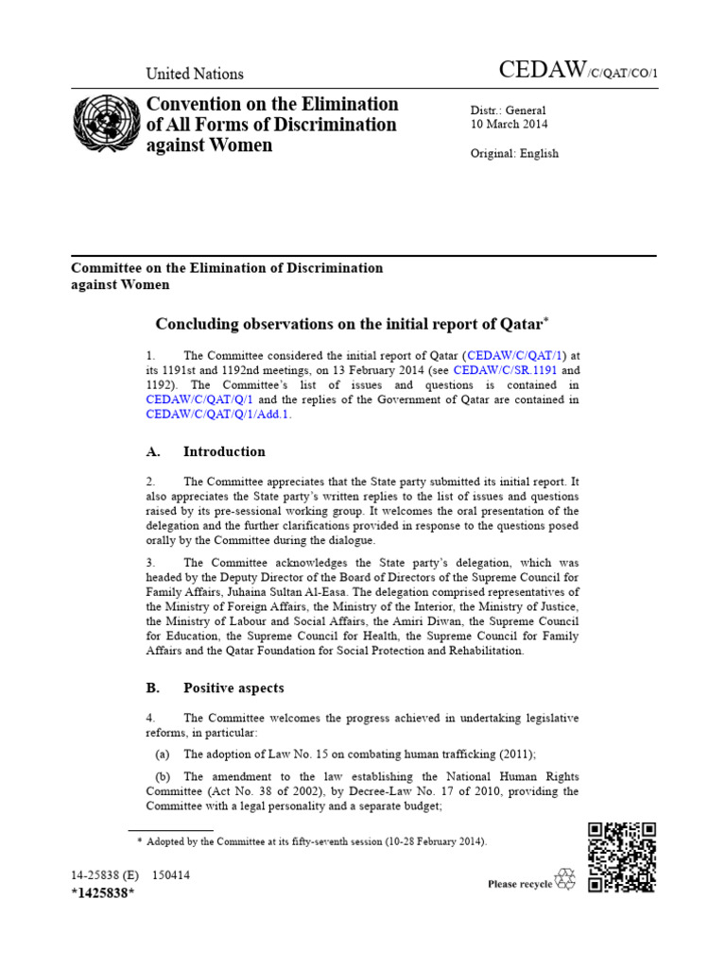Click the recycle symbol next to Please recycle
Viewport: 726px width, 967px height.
click(x=564, y=880)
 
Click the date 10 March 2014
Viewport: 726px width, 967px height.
click(x=510, y=124)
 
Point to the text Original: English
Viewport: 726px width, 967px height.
click(x=514, y=153)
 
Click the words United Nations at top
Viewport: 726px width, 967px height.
click(x=194, y=74)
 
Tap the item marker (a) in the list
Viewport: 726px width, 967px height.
click(x=164, y=754)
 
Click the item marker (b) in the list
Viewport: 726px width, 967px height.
click(x=164, y=776)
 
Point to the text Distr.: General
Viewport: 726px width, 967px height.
click(x=508, y=110)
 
